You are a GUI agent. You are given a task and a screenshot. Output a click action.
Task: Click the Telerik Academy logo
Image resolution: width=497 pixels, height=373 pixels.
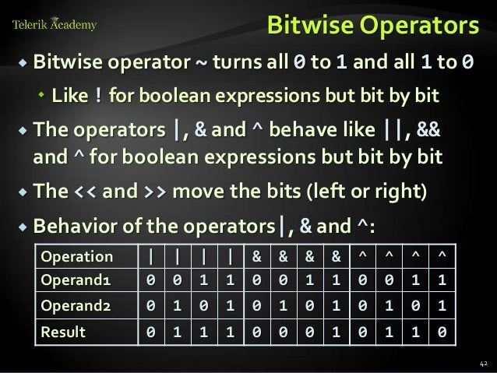point(55,25)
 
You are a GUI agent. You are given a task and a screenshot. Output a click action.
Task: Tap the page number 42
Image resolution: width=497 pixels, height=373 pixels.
point(482,363)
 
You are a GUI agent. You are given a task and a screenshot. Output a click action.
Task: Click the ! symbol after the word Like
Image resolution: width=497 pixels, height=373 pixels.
point(97,97)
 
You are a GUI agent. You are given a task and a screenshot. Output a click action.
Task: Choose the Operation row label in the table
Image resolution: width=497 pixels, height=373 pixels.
point(76,257)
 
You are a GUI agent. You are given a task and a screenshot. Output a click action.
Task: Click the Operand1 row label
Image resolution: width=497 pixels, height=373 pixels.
point(76,280)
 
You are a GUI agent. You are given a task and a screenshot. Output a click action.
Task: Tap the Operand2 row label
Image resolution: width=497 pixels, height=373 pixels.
point(76,305)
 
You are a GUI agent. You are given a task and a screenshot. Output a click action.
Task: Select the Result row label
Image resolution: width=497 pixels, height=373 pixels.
point(62,333)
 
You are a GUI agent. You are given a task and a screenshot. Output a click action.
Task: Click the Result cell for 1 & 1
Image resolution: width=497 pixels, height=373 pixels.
point(335,333)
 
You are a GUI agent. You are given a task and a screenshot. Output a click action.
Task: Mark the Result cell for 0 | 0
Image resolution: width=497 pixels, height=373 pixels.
point(150,333)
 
